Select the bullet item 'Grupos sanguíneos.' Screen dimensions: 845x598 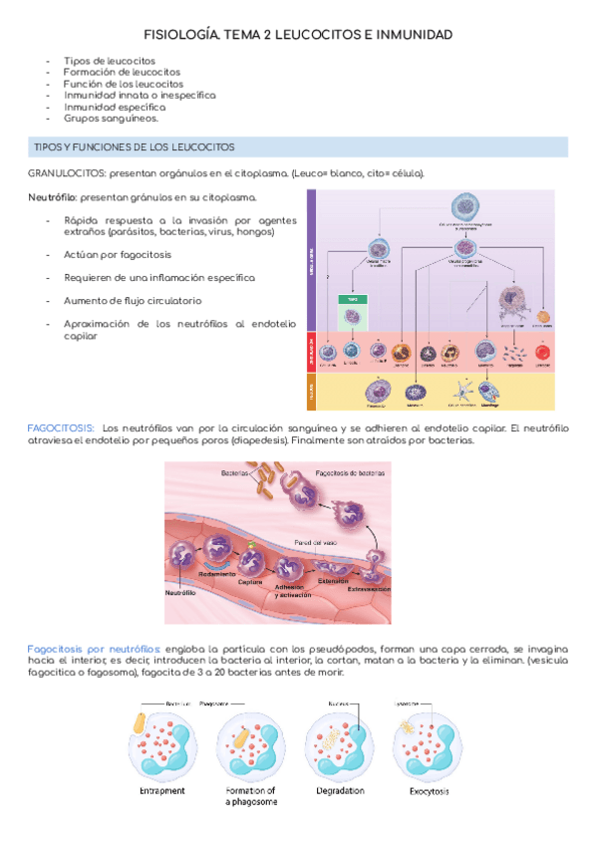pyautogui.click(x=110, y=118)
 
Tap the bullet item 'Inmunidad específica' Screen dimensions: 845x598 pyautogui.click(x=114, y=106)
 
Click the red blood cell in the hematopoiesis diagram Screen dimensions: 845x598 pyautogui.click(x=543, y=352)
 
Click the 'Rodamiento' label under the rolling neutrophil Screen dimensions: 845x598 pyautogui.click(x=217, y=576)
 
